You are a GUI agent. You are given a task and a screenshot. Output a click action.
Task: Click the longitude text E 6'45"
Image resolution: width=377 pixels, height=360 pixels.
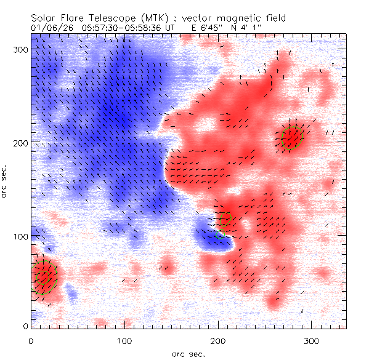[x=192, y=28]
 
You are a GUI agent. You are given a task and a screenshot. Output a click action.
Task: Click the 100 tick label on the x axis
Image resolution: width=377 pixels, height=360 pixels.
[x=125, y=340]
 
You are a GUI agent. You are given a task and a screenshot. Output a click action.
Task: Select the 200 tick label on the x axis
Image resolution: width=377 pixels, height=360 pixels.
[x=219, y=340]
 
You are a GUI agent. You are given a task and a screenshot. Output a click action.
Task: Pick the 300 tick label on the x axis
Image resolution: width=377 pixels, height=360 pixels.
[x=312, y=340]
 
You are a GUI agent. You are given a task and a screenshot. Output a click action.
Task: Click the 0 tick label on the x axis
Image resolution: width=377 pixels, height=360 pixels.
[x=31, y=340]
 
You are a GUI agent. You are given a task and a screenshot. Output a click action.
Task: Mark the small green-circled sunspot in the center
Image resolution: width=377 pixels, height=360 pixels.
[x=224, y=219]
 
